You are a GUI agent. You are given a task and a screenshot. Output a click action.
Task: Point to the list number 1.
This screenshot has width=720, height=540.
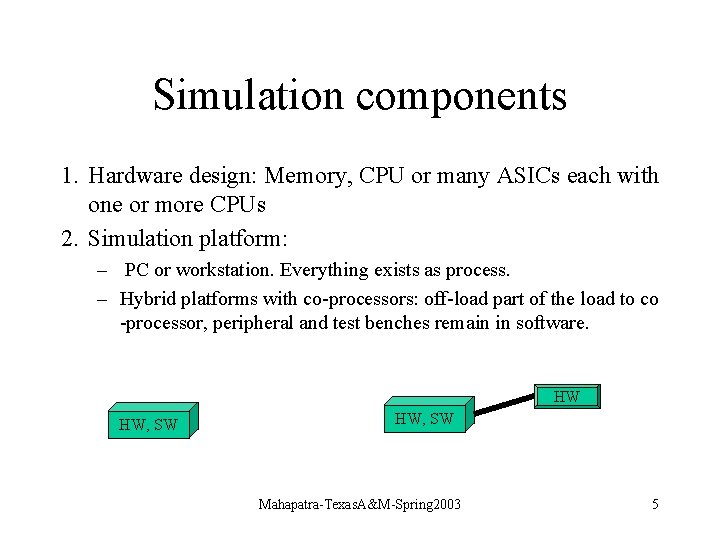coord(66,176)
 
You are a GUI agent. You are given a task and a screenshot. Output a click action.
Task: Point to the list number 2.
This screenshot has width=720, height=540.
coord(66,238)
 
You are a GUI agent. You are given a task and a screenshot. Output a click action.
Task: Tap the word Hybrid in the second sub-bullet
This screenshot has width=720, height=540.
coord(146,299)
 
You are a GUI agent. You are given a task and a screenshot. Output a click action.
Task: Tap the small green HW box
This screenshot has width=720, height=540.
coord(567,397)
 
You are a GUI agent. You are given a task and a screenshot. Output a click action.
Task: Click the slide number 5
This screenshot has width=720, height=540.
coord(655,504)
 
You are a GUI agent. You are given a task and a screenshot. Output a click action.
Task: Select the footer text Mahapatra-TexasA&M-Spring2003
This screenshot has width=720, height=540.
coord(360,504)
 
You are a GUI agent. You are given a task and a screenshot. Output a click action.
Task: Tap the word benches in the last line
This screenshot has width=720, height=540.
coord(394,323)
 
